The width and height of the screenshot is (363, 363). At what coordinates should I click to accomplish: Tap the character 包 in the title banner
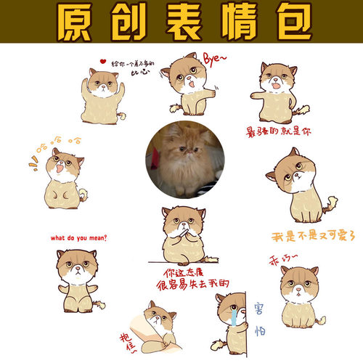tap(285, 23)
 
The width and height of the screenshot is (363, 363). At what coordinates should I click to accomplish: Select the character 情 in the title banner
tap(233, 23)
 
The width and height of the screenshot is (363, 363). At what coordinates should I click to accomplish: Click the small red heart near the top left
tap(104, 61)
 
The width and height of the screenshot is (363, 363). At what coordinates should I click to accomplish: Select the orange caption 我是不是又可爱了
tap(313, 236)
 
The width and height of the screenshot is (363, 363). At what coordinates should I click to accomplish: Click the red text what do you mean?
tap(78, 237)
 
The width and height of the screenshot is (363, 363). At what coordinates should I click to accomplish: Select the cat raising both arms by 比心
tap(103, 94)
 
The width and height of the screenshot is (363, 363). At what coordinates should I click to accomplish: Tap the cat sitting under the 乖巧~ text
tap(297, 298)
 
